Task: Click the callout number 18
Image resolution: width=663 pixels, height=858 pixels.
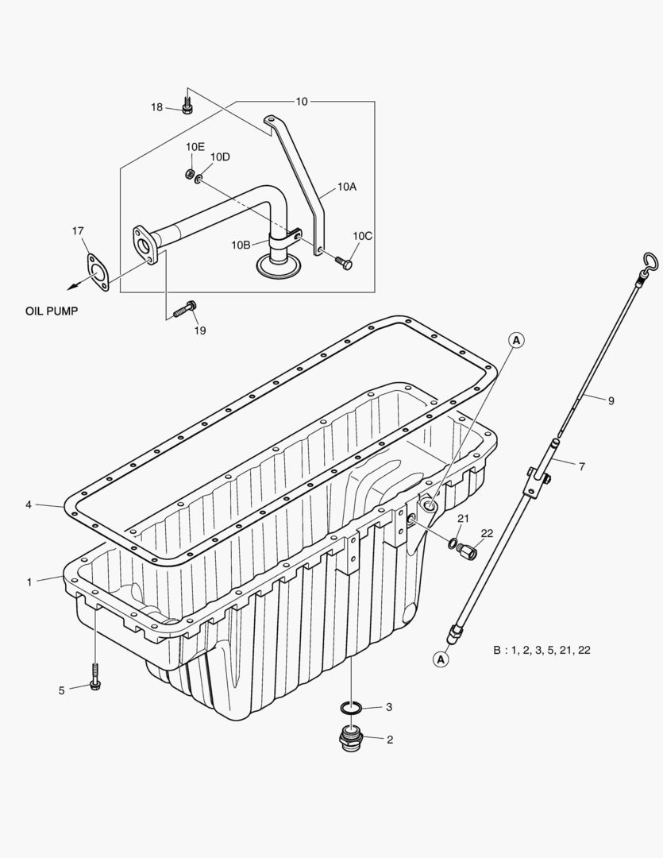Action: [x=157, y=107]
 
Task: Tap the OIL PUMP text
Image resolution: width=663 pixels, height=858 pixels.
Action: [x=52, y=311]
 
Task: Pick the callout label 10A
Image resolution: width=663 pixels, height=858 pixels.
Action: [x=347, y=187]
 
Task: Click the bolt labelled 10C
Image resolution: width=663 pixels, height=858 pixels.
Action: [x=345, y=261]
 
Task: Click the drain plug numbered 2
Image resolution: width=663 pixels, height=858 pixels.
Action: [x=349, y=740]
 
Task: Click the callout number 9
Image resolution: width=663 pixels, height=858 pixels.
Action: [x=611, y=401]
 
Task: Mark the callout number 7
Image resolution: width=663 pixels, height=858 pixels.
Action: [x=581, y=467]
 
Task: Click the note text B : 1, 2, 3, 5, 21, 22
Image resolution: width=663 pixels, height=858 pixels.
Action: [x=542, y=650]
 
